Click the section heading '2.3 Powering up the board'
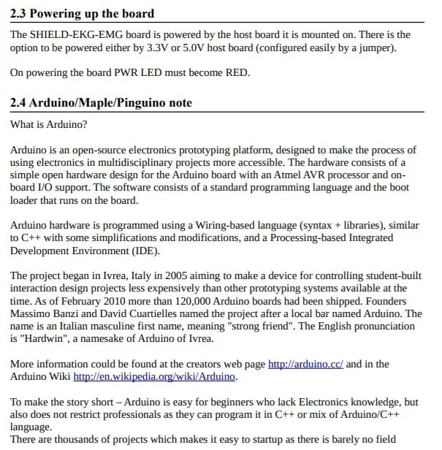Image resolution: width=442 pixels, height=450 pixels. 83,14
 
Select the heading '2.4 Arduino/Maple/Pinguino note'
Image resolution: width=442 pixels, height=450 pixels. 102,103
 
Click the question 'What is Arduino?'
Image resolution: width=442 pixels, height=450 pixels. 49,125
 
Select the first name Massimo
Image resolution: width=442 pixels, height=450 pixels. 31,313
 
